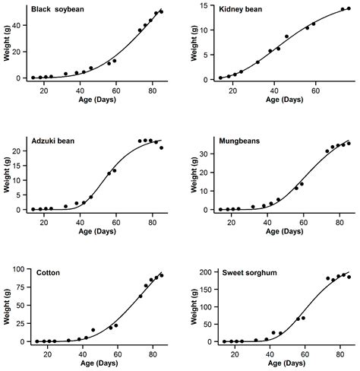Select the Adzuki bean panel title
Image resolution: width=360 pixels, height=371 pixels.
(57, 141)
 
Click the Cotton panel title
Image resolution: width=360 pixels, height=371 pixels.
(49, 272)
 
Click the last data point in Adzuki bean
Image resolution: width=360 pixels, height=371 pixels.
(161, 147)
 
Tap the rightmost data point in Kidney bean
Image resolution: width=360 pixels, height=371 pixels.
(349, 9)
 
